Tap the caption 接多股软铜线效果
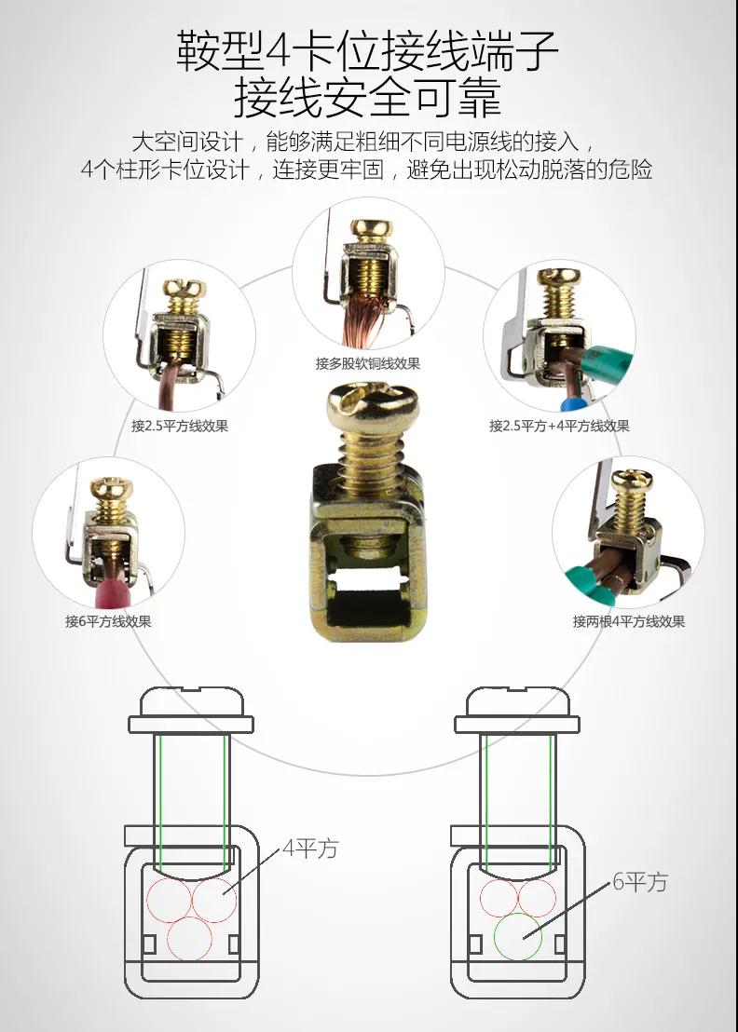click(368, 363)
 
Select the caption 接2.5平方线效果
click(180, 426)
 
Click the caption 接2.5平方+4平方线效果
click(559, 426)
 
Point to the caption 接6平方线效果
click(109, 621)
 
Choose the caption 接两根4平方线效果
click(629, 621)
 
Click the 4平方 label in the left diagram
click(309, 849)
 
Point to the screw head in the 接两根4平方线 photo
click(632, 482)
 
